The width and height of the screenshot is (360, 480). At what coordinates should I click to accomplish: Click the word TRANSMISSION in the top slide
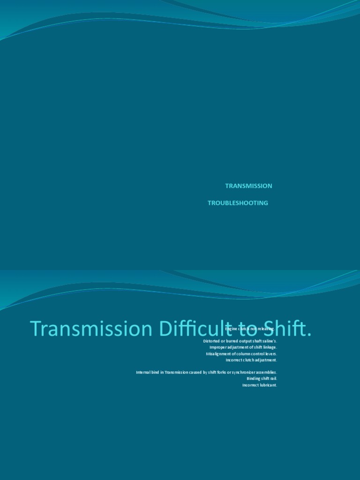[x=248, y=186]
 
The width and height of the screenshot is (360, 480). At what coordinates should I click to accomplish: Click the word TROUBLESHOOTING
[x=238, y=203]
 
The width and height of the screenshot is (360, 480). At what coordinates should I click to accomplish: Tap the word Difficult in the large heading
[x=199, y=329]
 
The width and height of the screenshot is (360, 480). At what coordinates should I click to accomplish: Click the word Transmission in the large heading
[x=89, y=329]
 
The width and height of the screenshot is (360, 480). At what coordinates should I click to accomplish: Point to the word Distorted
[x=212, y=341]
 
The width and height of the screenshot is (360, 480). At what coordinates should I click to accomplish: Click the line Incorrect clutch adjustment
[x=251, y=360]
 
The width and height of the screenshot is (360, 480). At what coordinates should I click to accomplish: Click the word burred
[x=233, y=341]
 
